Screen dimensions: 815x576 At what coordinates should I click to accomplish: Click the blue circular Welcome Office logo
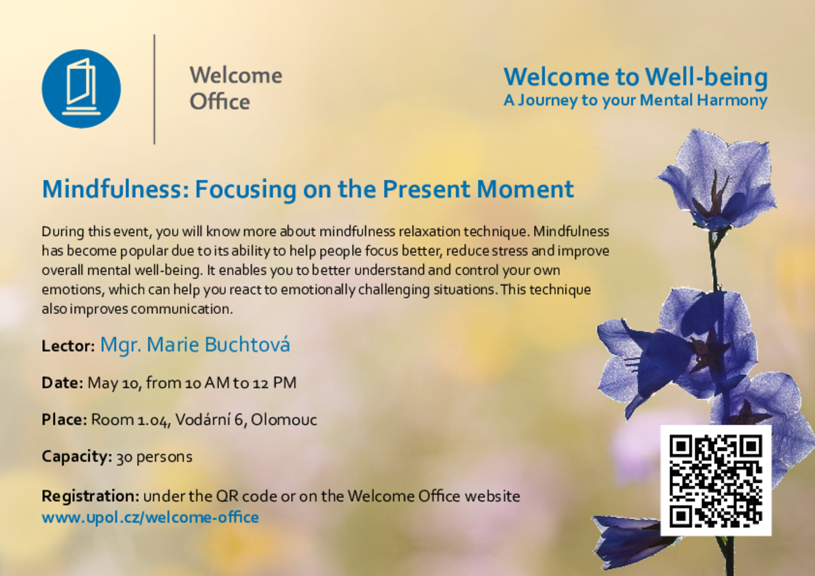tap(81, 88)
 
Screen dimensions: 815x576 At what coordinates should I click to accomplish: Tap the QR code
tap(716, 481)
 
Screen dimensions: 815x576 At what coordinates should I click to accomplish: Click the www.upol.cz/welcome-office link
tap(150, 517)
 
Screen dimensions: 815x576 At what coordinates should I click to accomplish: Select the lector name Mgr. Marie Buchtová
tap(195, 344)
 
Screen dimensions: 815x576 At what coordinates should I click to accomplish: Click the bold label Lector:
tap(68, 346)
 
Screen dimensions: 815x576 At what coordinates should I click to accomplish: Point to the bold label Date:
tap(62, 383)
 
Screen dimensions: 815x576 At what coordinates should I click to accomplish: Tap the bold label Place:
tap(64, 419)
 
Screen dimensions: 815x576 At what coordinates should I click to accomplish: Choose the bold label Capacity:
tap(77, 456)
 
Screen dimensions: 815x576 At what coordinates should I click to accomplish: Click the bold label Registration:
tap(90, 496)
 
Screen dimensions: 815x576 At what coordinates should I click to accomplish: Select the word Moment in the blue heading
tap(525, 188)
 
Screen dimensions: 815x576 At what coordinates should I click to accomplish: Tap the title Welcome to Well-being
tap(635, 77)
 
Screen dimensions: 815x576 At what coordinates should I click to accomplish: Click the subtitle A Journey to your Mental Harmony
tap(635, 101)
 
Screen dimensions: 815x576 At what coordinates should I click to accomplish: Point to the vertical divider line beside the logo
tap(154, 89)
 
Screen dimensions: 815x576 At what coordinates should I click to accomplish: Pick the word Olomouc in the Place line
tap(284, 419)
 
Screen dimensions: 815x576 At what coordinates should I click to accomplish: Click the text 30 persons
tap(154, 457)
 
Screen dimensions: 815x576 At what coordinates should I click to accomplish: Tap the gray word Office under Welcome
tap(220, 101)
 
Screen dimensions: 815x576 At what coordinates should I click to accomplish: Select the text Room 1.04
tap(130, 419)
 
